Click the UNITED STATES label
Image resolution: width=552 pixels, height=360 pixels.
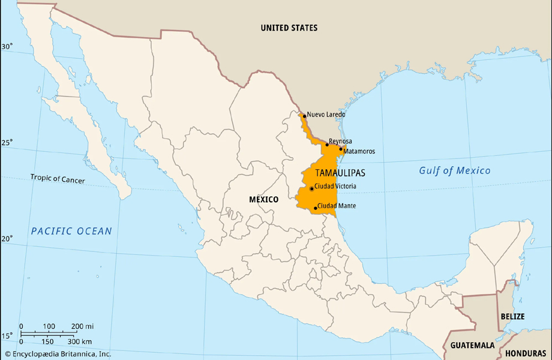click(x=289, y=28)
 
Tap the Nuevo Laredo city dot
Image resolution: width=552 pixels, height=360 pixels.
click(x=304, y=116)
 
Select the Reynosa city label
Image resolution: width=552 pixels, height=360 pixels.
click(x=340, y=141)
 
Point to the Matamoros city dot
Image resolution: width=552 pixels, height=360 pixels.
click(x=341, y=149)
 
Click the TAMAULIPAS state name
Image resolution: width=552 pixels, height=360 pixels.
click(x=340, y=173)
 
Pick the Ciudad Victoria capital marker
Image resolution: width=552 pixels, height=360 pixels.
click(x=311, y=188)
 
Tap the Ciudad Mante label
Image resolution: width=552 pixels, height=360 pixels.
click(x=337, y=206)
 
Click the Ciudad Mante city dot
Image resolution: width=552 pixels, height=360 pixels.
click(x=316, y=208)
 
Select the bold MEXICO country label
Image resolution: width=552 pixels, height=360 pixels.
click(x=263, y=199)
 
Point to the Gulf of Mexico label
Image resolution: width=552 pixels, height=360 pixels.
click(x=454, y=170)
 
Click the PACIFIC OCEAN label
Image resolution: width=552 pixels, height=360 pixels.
click(x=71, y=231)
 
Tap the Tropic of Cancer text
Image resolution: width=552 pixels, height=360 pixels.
click(x=58, y=179)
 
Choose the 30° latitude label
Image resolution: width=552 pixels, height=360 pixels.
click(x=7, y=46)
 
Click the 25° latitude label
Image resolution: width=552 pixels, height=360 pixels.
click(x=7, y=142)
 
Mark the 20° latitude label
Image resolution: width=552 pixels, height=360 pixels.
click(x=7, y=239)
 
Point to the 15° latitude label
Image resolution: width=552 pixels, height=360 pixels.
click(x=7, y=336)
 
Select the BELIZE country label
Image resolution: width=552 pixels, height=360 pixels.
click(x=512, y=316)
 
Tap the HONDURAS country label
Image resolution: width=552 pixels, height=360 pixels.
click(x=527, y=354)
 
